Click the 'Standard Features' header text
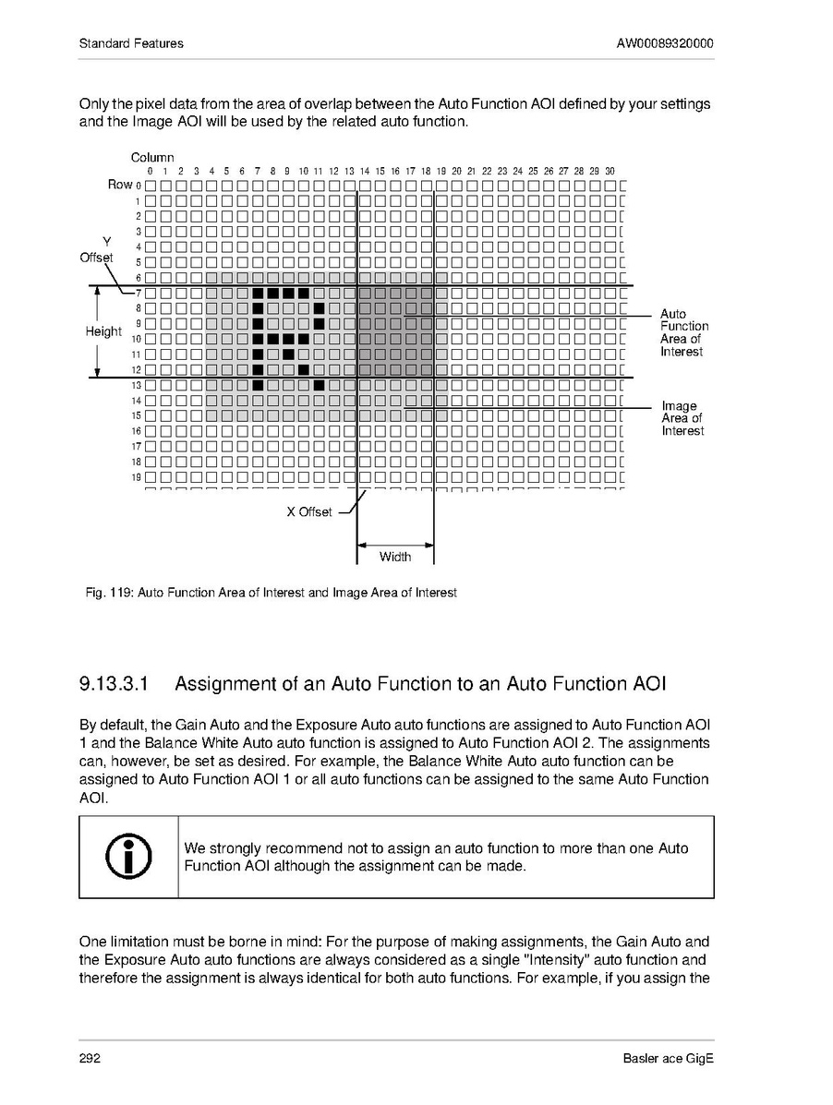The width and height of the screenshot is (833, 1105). tap(131, 43)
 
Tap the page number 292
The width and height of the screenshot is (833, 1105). tap(90, 1058)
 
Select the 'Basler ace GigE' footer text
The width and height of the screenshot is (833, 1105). tap(669, 1058)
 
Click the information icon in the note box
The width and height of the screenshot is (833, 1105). tap(128, 857)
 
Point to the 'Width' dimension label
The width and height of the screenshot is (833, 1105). tap(395, 557)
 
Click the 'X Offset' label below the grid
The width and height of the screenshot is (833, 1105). tap(308, 512)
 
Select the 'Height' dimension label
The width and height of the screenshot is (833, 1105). tap(103, 331)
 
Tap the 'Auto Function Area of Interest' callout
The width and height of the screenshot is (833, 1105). tap(683, 332)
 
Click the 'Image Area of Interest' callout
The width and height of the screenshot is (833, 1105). tap(682, 418)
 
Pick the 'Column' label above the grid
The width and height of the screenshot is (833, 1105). tap(152, 158)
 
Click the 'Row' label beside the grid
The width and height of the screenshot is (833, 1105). tap(120, 184)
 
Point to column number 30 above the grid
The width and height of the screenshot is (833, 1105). tap(610, 171)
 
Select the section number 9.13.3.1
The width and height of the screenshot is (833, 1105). tap(114, 684)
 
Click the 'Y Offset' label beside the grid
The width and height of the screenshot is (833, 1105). tap(97, 249)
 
